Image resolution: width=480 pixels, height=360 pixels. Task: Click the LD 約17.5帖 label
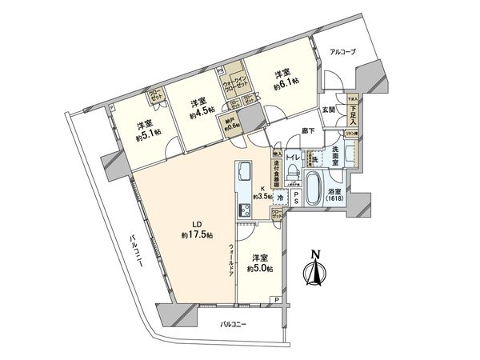click(197, 231)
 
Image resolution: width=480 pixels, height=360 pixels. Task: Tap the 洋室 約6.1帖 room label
click(286, 76)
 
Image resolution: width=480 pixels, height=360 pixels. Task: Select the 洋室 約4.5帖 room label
click(202, 107)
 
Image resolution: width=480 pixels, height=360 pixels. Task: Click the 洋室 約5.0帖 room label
click(261, 264)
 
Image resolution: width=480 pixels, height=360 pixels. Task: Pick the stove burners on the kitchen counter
click(244, 210)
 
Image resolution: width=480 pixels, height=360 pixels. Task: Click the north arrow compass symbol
click(314, 272)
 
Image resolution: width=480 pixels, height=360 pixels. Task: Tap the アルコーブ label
click(343, 52)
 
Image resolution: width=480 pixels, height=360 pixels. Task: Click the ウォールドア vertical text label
click(230, 257)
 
